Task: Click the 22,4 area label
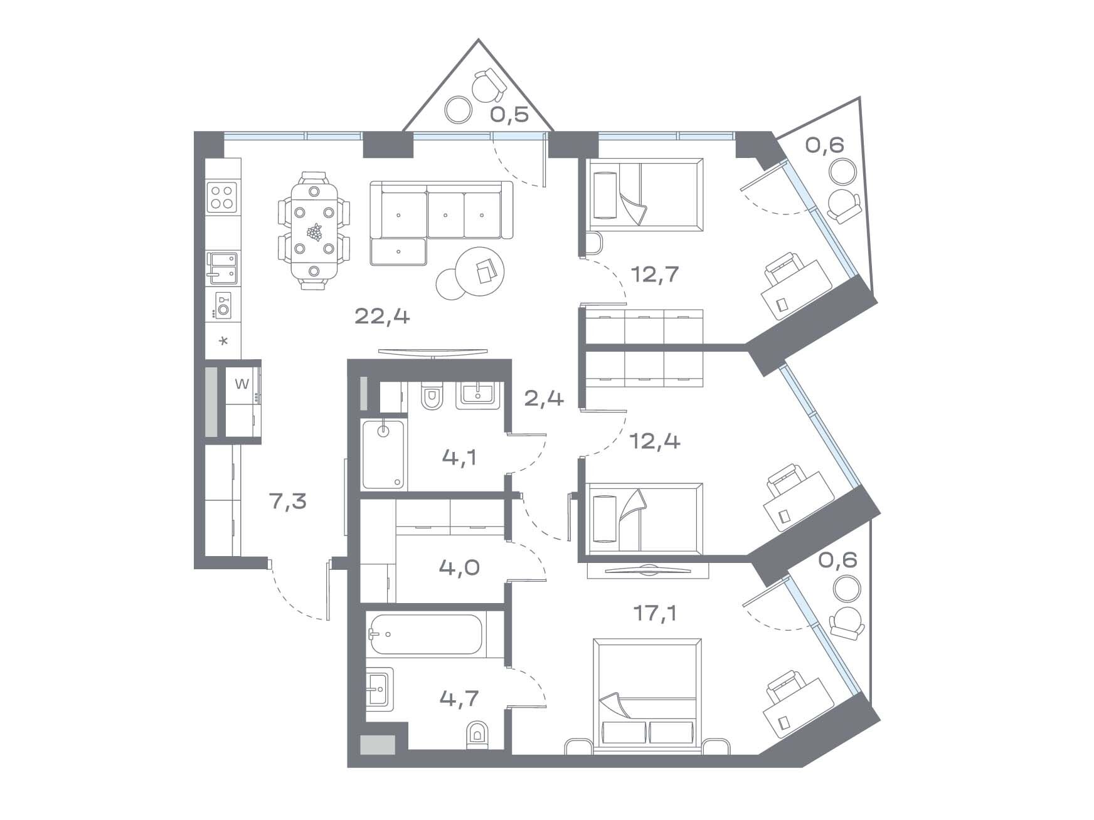coord(382,317)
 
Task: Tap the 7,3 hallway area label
coord(288,501)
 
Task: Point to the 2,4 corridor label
coord(544,397)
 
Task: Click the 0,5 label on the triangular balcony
coord(509,115)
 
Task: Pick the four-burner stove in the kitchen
coord(223,196)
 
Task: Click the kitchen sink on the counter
coord(223,265)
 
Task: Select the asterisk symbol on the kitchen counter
coord(223,342)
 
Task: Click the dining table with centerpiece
coord(314,231)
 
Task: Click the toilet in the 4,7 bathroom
coord(477,735)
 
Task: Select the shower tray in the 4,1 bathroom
coord(384,455)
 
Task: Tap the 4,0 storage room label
coord(460,568)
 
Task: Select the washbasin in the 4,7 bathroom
coord(380,688)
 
